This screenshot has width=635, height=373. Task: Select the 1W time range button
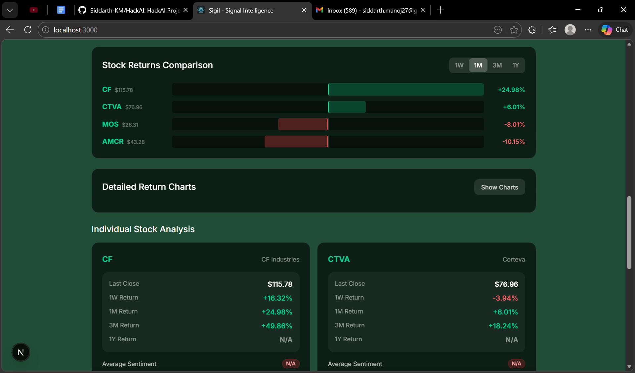459,65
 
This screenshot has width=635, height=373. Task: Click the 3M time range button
497,65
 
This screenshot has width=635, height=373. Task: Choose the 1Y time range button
516,65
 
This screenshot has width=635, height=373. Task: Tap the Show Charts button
499,187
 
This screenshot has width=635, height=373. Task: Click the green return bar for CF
406,90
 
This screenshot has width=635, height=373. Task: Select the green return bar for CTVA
347,107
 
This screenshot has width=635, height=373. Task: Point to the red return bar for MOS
303,124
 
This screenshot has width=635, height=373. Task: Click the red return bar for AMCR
296,142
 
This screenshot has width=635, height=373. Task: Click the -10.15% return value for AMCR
513,142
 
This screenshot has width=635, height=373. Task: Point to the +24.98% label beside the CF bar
511,90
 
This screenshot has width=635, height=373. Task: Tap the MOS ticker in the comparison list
110,124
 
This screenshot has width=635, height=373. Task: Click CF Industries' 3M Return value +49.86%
276,326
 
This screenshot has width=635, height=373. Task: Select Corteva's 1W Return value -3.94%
505,298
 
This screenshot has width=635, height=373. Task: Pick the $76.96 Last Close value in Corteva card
506,284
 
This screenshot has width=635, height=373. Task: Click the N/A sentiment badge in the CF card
291,364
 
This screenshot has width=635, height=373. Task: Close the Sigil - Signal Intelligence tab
304,10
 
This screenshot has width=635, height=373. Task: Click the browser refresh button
28,30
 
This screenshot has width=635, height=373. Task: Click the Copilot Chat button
615,30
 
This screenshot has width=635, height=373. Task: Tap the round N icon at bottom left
21,352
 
